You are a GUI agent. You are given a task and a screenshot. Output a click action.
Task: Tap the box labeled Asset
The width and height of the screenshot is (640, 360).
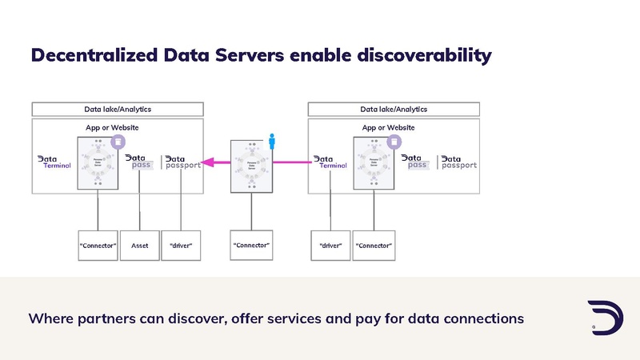coord(139,246)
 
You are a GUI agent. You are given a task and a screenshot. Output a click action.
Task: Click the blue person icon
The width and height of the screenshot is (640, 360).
coord(272,142)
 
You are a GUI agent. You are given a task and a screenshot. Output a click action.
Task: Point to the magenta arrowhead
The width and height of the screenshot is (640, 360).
coord(206,162)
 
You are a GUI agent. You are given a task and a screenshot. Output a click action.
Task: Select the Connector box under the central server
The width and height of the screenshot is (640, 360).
coord(251,245)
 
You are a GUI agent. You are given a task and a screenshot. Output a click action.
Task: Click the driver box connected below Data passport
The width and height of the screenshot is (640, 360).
coord(181,246)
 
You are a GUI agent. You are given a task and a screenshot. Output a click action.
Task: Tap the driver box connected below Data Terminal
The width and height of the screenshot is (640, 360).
coord(330,246)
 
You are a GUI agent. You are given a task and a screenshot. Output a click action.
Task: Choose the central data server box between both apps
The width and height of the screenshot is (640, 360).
coord(251,166)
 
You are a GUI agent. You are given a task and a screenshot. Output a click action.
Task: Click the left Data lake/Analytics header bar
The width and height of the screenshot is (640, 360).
coord(118,109)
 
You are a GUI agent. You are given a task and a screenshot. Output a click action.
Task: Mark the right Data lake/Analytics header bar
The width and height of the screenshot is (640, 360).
coord(394,109)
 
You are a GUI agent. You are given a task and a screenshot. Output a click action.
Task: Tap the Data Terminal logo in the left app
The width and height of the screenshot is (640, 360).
coord(55,162)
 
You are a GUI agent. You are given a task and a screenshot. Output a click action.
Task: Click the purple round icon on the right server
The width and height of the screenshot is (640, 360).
coord(393,142)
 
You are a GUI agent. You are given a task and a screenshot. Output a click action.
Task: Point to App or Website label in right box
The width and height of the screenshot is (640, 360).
coord(388,127)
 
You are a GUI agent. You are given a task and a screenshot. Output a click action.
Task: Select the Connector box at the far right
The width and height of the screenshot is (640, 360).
coord(374,246)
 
